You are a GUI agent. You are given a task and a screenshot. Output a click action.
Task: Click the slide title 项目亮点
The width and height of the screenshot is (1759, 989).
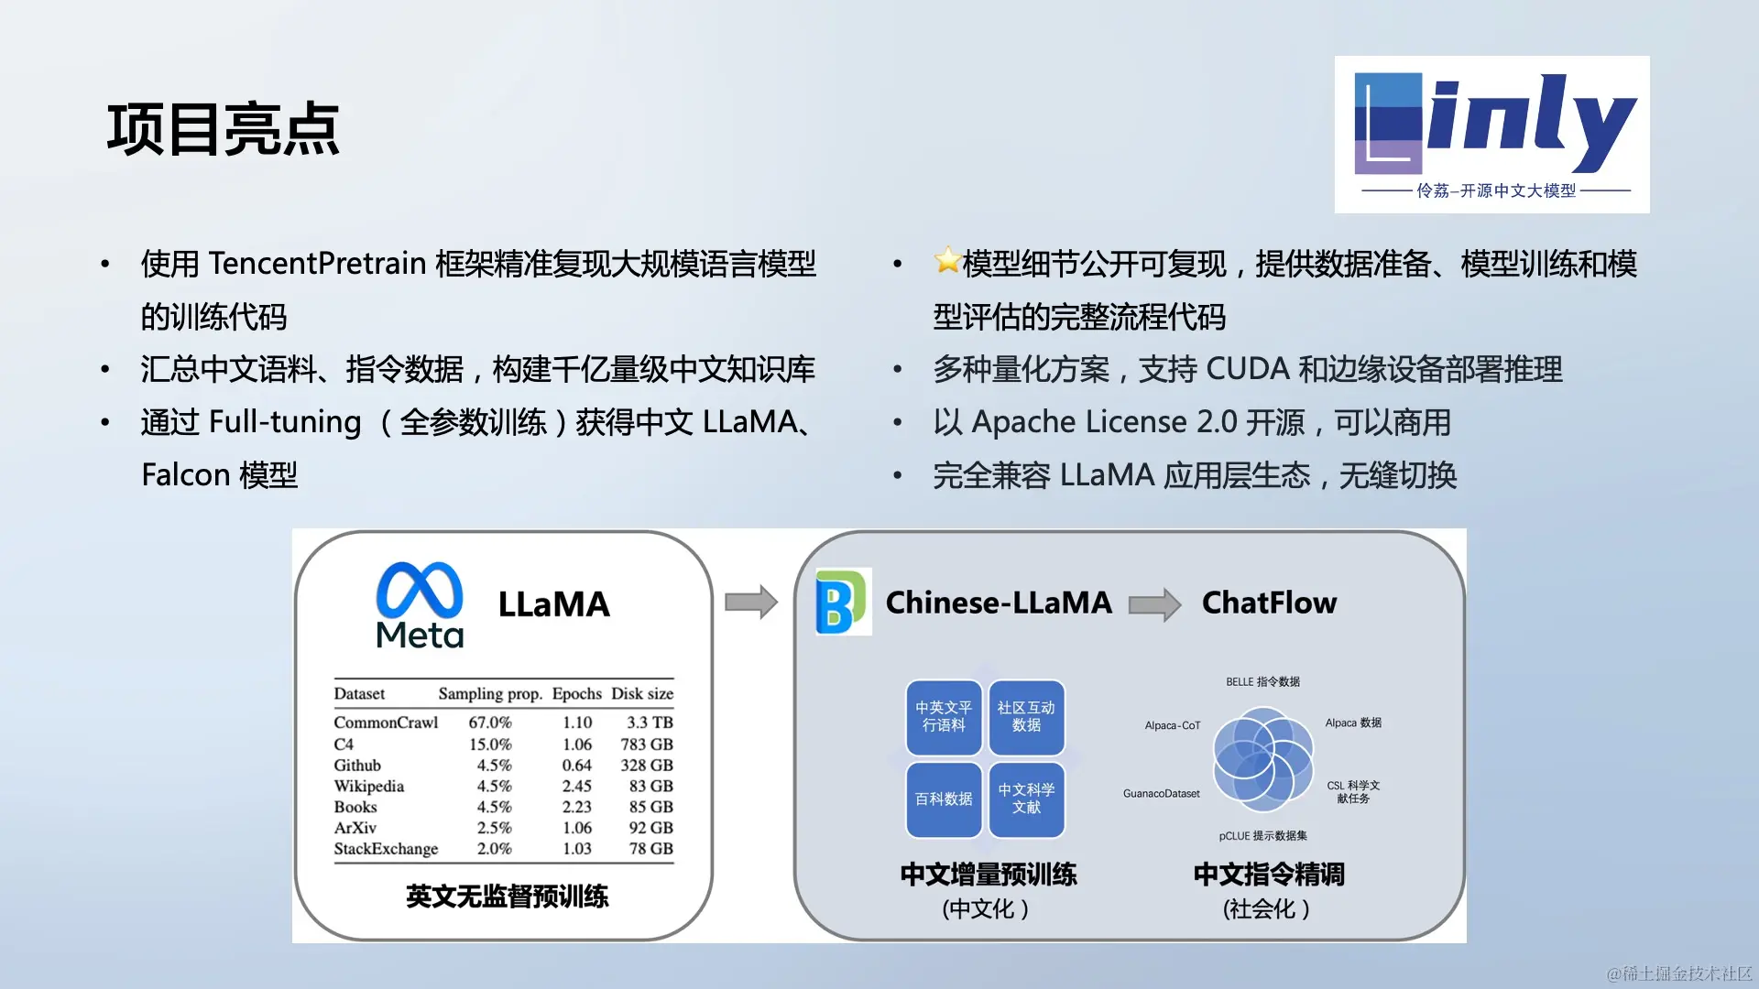click(224, 129)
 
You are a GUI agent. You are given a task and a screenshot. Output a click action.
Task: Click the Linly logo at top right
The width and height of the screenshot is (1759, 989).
click(1491, 135)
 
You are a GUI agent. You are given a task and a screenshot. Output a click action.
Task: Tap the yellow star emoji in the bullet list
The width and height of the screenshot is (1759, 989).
click(947, 261)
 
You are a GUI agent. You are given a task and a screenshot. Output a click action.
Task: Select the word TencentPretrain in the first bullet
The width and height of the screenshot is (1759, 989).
click(318, 264)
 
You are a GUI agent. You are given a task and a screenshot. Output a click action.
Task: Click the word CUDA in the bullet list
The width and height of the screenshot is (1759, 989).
click(1248, 369)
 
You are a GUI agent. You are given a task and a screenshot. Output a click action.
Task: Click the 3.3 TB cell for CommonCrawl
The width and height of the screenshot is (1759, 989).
click(650, 723)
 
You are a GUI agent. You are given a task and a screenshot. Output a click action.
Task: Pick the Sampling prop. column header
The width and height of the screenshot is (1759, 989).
click(490, 694)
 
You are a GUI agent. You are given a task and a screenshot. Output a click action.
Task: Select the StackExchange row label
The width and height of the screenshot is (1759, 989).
click(386, 849)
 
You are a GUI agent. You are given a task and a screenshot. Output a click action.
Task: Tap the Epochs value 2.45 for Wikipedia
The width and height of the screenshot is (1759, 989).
click(577, 786)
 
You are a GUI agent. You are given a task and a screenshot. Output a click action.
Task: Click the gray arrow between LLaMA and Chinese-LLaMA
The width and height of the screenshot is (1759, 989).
click(751, 603)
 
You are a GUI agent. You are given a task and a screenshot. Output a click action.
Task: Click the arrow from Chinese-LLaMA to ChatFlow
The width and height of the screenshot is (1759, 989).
click(1155, 604)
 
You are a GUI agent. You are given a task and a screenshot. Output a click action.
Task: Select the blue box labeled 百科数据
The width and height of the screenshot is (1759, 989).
click(944, 799)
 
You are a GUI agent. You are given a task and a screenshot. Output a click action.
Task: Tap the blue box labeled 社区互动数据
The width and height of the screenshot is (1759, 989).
click(1026, 717)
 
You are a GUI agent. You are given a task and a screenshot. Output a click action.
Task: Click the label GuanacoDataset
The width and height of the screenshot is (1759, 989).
click(1162, 794)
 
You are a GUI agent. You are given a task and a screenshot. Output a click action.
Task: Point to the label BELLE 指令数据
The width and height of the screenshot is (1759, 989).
click(1263, 682)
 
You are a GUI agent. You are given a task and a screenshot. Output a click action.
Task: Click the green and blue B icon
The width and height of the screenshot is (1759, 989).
click(842, 603)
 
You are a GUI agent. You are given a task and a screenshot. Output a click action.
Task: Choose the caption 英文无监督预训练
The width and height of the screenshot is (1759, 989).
click(507, 897)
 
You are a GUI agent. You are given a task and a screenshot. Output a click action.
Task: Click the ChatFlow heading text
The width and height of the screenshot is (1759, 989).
click(1269, 603)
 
